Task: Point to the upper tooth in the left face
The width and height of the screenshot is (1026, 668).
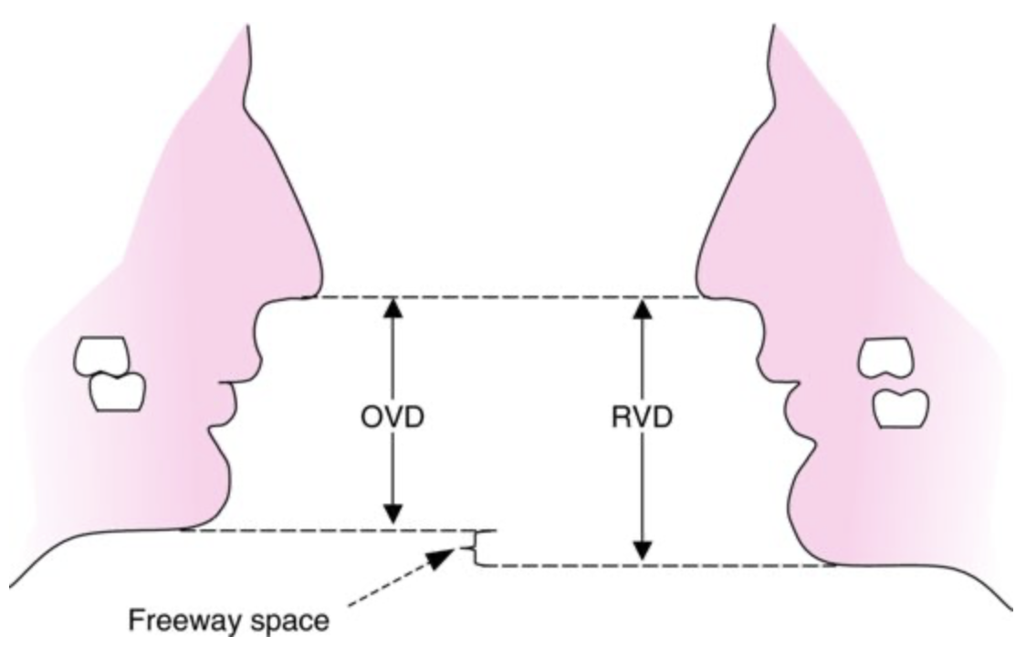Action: tap(103, 357)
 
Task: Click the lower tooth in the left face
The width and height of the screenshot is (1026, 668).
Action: tap(118, 391)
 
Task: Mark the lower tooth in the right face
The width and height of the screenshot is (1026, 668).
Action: tap(900, 408)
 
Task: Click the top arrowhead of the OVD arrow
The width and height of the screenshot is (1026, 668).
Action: tap(393, 308)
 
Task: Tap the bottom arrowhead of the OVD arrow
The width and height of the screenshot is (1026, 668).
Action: tap(393, 518)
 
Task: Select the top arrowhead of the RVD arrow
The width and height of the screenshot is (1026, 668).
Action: tap(643, 308)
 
